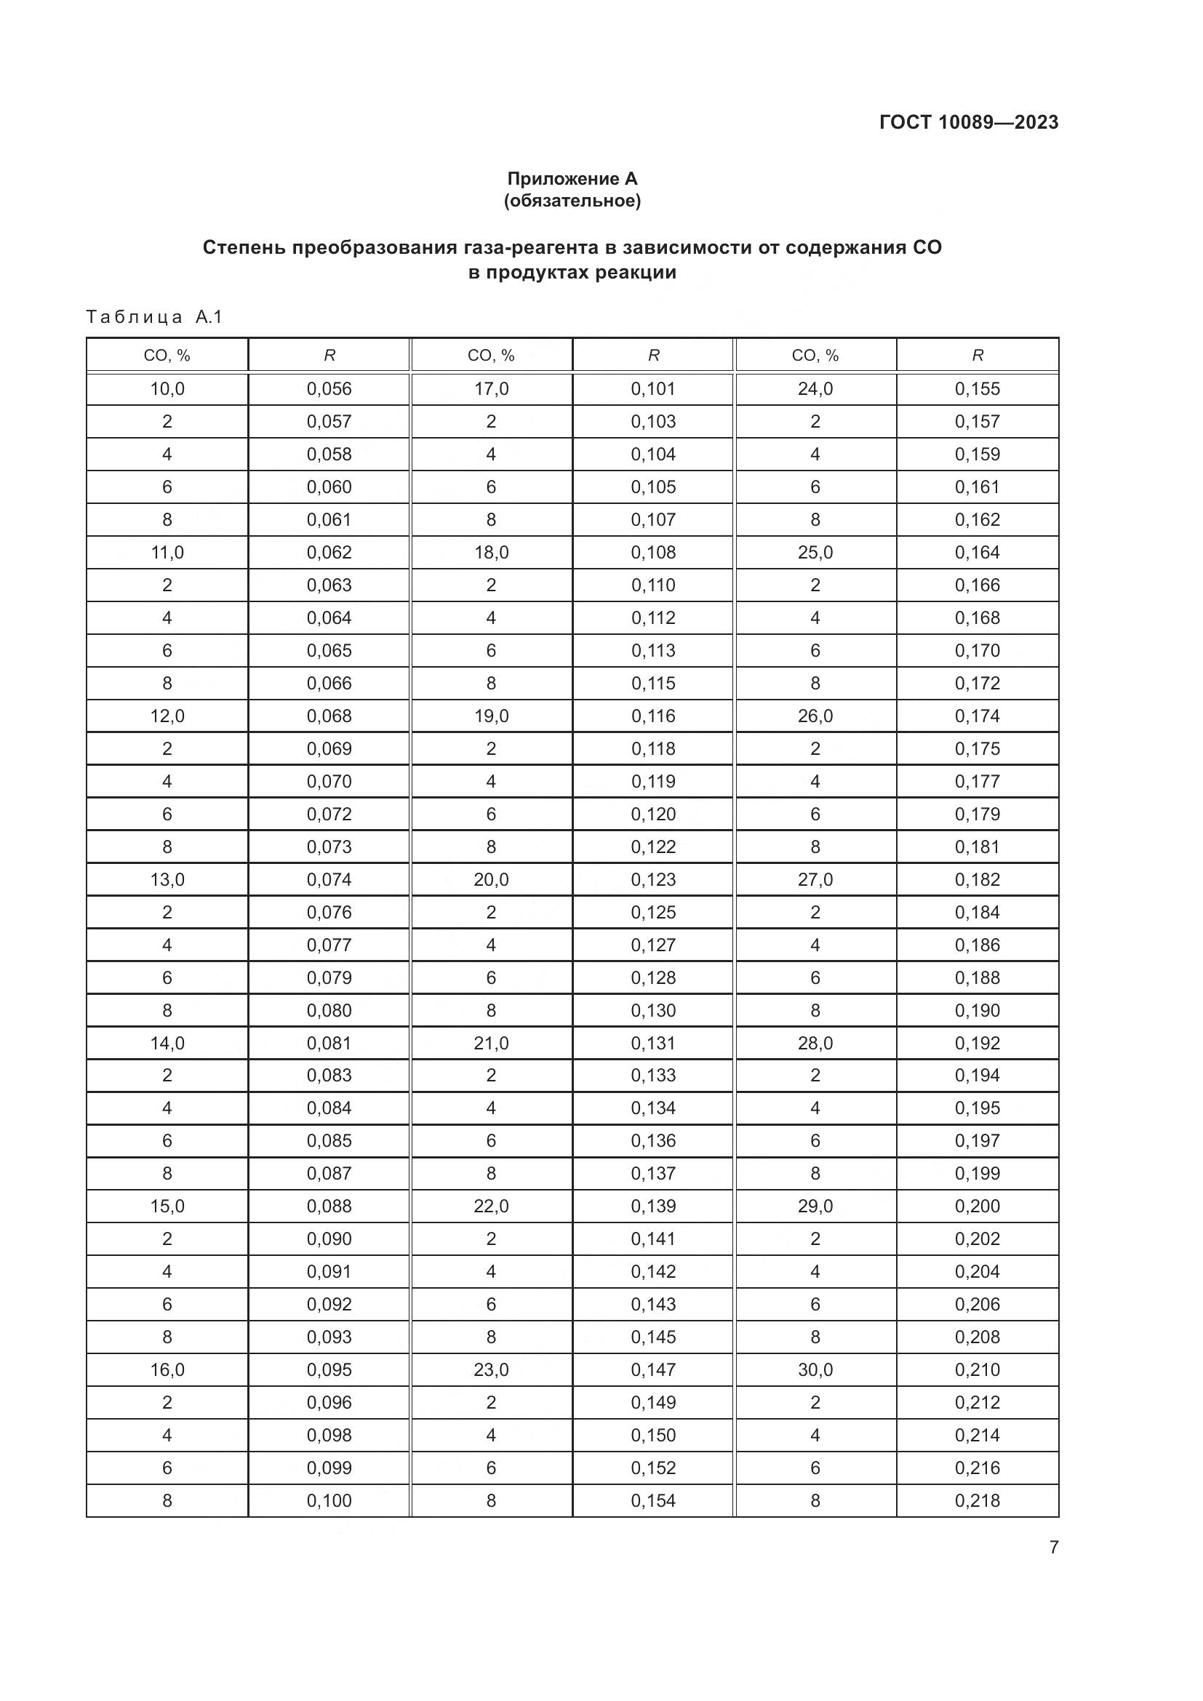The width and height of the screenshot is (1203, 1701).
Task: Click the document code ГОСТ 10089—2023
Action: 968,122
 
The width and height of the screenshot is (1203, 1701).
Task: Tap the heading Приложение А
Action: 572,179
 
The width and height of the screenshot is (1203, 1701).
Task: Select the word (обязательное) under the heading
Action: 572,201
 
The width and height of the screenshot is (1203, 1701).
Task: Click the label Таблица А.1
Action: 154,317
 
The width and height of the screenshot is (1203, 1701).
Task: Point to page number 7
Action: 1053,1547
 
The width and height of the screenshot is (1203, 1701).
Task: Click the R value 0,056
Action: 329,389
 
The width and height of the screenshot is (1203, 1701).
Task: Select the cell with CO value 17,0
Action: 491,389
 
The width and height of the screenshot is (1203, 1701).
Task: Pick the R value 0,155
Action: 977,389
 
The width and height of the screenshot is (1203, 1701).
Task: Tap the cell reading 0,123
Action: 653,879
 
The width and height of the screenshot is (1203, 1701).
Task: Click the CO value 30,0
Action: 815,1370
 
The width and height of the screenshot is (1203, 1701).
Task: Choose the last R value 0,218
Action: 977,1500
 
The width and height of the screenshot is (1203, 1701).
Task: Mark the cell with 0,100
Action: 329,1500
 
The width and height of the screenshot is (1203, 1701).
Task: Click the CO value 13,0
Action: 167,879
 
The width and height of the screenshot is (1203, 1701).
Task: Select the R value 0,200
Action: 977,1206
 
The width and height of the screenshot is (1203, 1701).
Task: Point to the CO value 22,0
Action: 491,1206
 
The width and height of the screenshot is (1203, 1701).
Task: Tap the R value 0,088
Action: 329,1206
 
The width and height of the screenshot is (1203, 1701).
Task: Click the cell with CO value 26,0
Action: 815,716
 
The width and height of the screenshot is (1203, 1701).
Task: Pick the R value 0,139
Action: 653,1206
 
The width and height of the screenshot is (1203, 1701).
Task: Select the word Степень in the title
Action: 243,247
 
